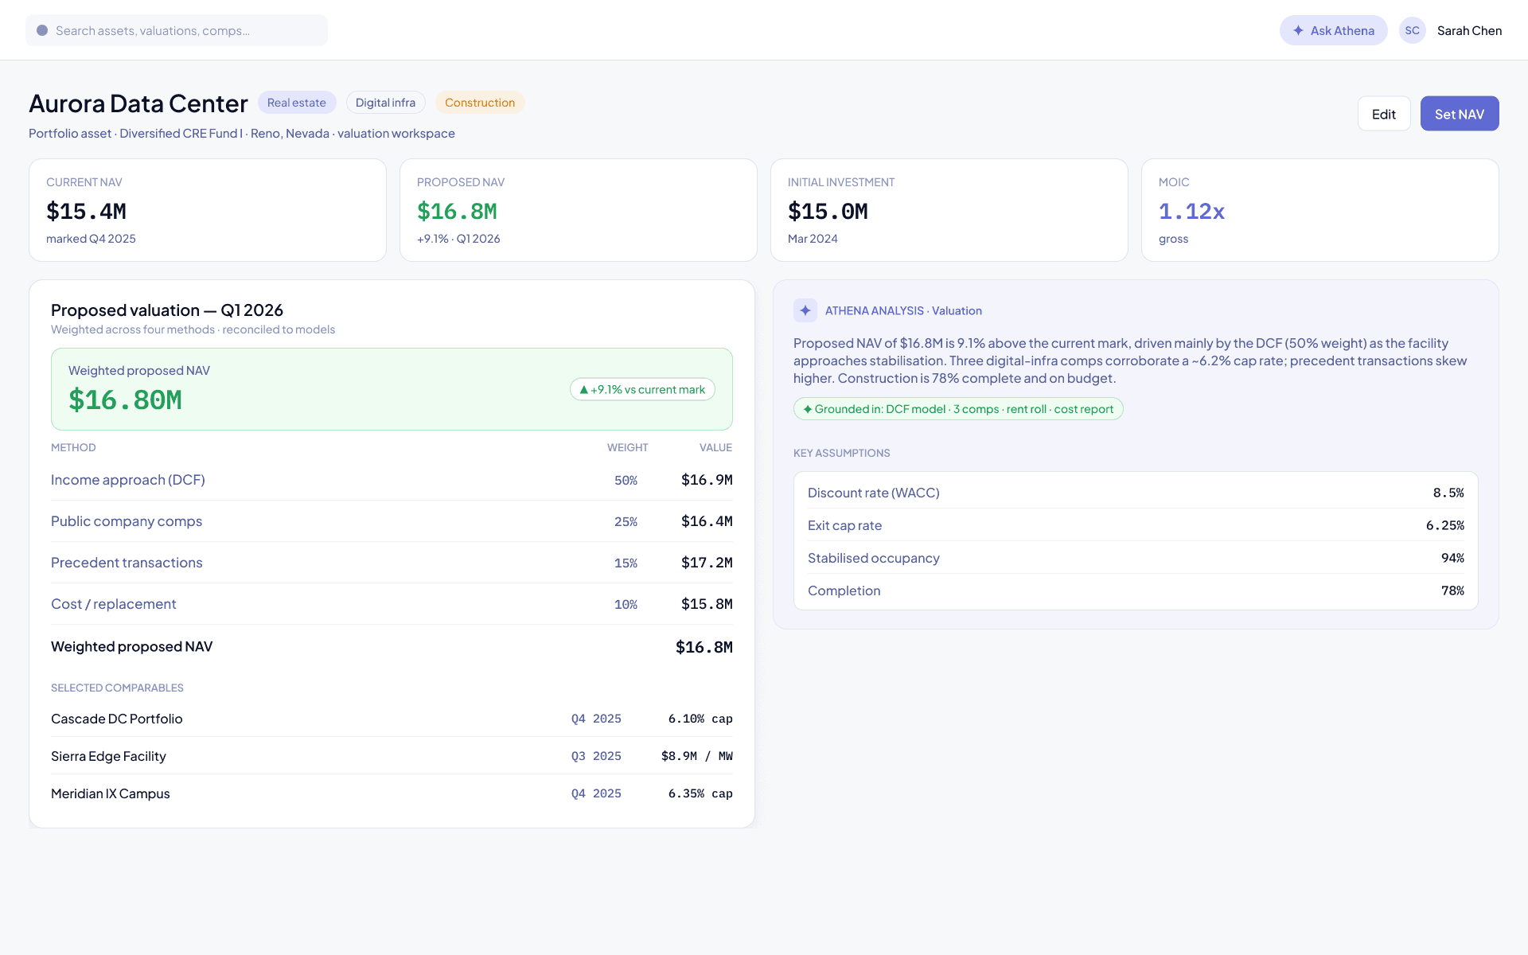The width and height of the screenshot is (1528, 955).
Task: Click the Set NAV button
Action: click(x=1460, y=114)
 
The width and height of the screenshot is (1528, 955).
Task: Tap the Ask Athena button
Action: click(x=1334, y=30)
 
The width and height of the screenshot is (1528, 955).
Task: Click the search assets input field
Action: click(x=177, y=30)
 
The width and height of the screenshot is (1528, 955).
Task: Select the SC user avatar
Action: click(x=1413, y=30)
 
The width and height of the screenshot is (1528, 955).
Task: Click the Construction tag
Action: click(x=480, y=103)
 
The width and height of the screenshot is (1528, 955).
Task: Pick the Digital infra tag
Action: click(x=385, y=103)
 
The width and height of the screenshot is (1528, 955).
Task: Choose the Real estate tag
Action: click(x=297, y=103)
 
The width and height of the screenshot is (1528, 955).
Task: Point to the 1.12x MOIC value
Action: click(x=1191, y=211)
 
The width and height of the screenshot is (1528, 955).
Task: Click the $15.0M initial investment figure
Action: click(x=828, y=211)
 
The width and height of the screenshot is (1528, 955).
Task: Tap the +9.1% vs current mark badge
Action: click(x=642, y=389)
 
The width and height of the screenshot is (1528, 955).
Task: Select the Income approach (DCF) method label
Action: click(x=128, y=480)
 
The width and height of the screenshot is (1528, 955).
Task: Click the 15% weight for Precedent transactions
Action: click(x=626, y=563)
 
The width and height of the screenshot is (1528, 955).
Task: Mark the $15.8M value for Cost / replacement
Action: click(x=707, y=604)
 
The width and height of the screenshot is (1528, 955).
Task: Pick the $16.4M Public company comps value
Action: click(x=707, y=521)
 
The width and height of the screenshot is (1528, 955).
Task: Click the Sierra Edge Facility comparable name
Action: click(x=108, y=756)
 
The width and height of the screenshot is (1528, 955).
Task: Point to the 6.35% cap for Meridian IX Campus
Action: click(x=700, y=793)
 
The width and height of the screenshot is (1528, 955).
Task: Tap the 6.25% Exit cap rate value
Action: click(x=1445, y=525)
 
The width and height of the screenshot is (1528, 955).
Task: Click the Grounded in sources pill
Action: click(x=958, y=409)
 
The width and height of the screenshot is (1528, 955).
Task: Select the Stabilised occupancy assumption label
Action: click(x=874, y=558)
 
